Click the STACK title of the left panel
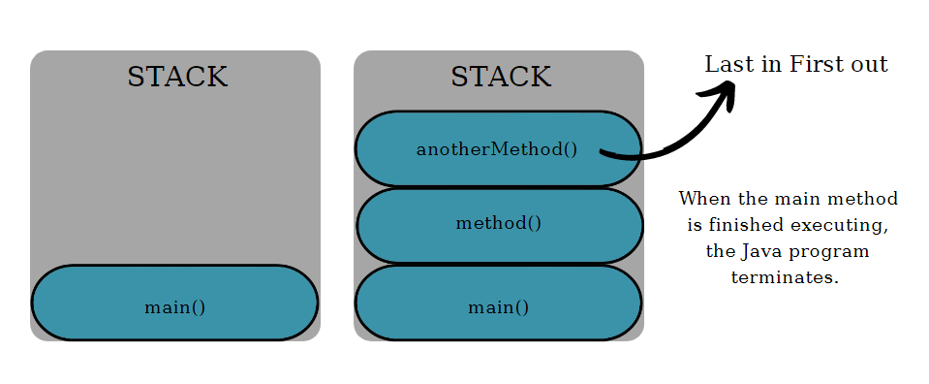tap(177, 78)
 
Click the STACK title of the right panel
tap(501, 78)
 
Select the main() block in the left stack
tap(175, 303)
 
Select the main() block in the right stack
tap(499, 303)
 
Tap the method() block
tap(499, 225)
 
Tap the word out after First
tap(868, 65)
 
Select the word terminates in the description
tap(785, 277)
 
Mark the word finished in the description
tap(750, 225)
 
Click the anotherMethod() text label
tap(497, 149)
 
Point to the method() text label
tap(499, 223)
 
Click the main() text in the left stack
tap(175, 307)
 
